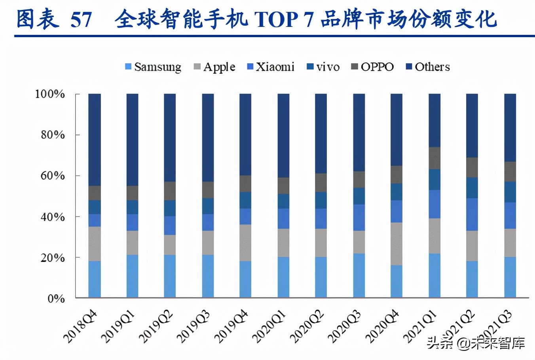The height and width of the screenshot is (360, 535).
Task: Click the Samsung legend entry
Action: (x=153, y=67)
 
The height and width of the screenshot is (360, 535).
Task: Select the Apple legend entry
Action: (x=214, y=67)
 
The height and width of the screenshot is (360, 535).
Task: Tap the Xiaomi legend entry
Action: (x=271, y=67)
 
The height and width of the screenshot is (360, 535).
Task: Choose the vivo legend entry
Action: (x=324, y=67)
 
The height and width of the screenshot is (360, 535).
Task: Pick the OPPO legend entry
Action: (x=373, y=67)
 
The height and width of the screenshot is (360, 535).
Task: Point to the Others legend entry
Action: (x=428, y=67)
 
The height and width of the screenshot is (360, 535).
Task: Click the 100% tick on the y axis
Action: (x=50, y=94)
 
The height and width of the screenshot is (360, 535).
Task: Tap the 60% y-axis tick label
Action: (x=53, y=176)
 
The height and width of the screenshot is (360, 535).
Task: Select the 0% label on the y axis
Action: (x=56, y=298)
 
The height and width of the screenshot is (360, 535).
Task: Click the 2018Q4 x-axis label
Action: (x=80, y=326)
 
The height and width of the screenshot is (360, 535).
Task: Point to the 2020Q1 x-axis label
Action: (x=269, y=326)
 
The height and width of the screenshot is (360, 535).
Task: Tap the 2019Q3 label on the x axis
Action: (x=194, y=326)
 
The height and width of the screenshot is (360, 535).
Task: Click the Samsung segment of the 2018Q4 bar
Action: (x=95, y=279)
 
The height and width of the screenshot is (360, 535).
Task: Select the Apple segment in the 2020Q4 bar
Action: (x=397, y=244)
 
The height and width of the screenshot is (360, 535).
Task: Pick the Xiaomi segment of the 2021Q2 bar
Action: (x=472, y=214)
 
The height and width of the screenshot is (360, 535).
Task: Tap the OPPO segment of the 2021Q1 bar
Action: (x=434, y=158)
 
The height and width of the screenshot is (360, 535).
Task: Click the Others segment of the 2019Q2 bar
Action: (x=170, y=138)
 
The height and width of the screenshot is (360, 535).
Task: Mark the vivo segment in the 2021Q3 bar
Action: (x=510, y=192)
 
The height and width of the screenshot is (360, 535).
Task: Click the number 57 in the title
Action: (x=81, y=19)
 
